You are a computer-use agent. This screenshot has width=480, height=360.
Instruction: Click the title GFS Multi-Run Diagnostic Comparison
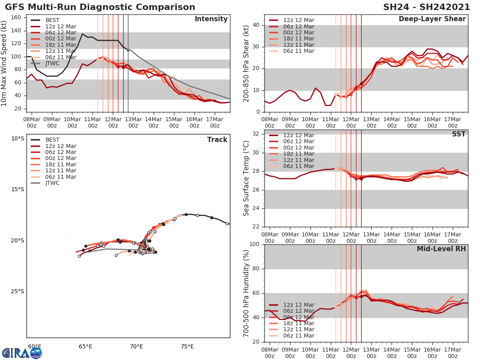(100, 7)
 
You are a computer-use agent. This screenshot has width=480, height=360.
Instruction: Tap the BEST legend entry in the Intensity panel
(52, 20)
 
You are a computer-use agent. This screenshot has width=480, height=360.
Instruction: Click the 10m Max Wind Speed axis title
(4, 63)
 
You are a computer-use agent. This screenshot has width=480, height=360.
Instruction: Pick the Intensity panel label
(211, 19)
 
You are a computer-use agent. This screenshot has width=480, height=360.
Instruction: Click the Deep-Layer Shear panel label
(432, 19)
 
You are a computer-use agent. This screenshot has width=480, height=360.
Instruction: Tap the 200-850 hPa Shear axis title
(246, 63)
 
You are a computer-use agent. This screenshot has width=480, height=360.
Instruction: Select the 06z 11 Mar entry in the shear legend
(298, 51)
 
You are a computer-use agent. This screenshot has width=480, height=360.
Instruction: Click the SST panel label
(458, 134)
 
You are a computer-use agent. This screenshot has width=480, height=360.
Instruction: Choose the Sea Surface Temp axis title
(246, 178)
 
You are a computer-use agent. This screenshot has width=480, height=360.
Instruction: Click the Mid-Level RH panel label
(441, 249)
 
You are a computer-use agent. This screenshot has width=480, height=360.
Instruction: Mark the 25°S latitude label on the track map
(18, 291)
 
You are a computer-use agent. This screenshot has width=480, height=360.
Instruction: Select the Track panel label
(217, 140)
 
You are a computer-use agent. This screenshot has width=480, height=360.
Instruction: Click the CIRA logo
(22, 353)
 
